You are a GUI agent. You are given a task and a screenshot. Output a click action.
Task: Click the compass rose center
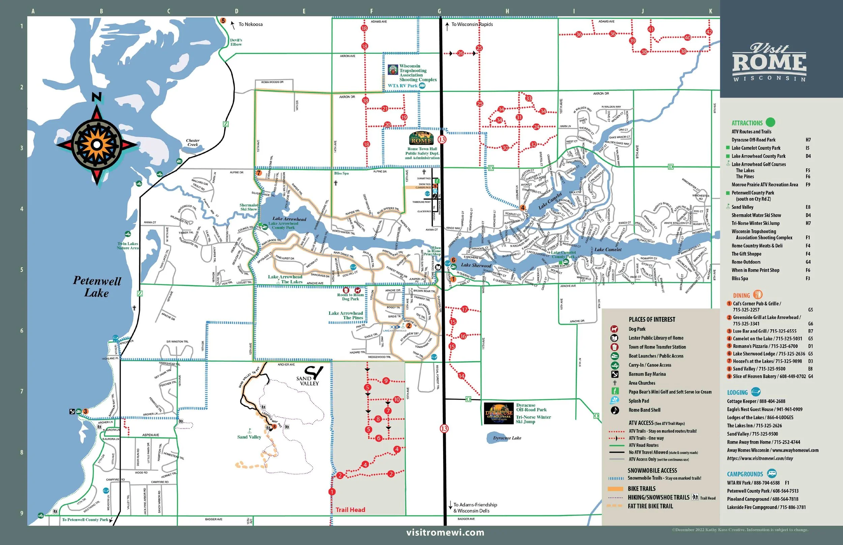tap(96, 144)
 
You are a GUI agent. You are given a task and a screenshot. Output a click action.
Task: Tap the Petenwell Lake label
tap(97, 287)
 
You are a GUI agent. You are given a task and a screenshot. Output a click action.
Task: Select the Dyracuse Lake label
tap(507, 438)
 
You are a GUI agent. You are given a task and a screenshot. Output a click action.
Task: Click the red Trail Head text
tap(350, 510)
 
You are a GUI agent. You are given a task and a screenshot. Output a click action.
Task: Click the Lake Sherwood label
tap(476, 265)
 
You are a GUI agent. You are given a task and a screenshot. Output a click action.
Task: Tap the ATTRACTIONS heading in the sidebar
tap(747, 123)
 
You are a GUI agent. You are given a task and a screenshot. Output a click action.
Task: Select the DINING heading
tap(741, 296)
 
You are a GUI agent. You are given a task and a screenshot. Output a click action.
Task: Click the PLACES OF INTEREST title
tap(652, 320)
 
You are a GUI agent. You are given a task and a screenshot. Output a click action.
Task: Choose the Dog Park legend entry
tap(637, 329)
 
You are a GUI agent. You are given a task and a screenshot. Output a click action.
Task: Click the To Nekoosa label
tap(250, 24)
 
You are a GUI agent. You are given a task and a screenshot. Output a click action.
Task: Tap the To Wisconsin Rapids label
tap(472, 24)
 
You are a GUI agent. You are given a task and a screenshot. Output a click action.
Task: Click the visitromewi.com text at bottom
tap(445, 532)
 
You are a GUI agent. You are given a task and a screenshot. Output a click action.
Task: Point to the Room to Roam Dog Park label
tap(350, 297)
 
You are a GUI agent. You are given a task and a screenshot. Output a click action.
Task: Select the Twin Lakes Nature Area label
tap(128, 246)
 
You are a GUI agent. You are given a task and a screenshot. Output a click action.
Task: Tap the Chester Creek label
tap(193, 143)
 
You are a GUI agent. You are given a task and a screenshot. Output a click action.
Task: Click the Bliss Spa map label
tap(341, 173)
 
